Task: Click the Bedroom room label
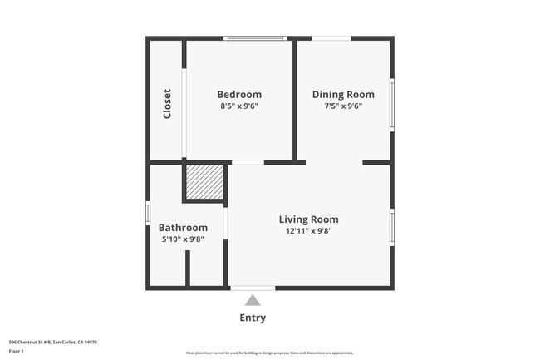click(x=239, y=95)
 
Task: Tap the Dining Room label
click(x=343, y=95)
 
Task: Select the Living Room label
click(x=308, y=219)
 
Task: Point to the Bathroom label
click(x=183, y=228)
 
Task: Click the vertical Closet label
click(x=167, y=104)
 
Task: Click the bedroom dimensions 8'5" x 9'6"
click(x=239, y=106)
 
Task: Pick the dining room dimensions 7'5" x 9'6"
click(x=343, y=106)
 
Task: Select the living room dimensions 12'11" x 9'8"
click(x=308, y=231)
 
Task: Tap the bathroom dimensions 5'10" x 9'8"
click(x=183, y=239)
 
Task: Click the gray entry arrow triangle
click(x=253, y=300)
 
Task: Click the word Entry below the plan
click(x=253, y=318)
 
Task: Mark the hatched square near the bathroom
click(x=204, y=181)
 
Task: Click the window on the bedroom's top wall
click(x=255, y=38)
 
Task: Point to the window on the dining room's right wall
click(x=391, y=105)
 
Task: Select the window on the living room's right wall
click(x=391, y=227)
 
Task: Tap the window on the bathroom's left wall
click(x=148, y=213)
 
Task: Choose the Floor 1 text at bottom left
click(x=17, y=351)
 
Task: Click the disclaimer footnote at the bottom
click(x=269, y=353)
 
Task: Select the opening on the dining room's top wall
click(x=331, y=38)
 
